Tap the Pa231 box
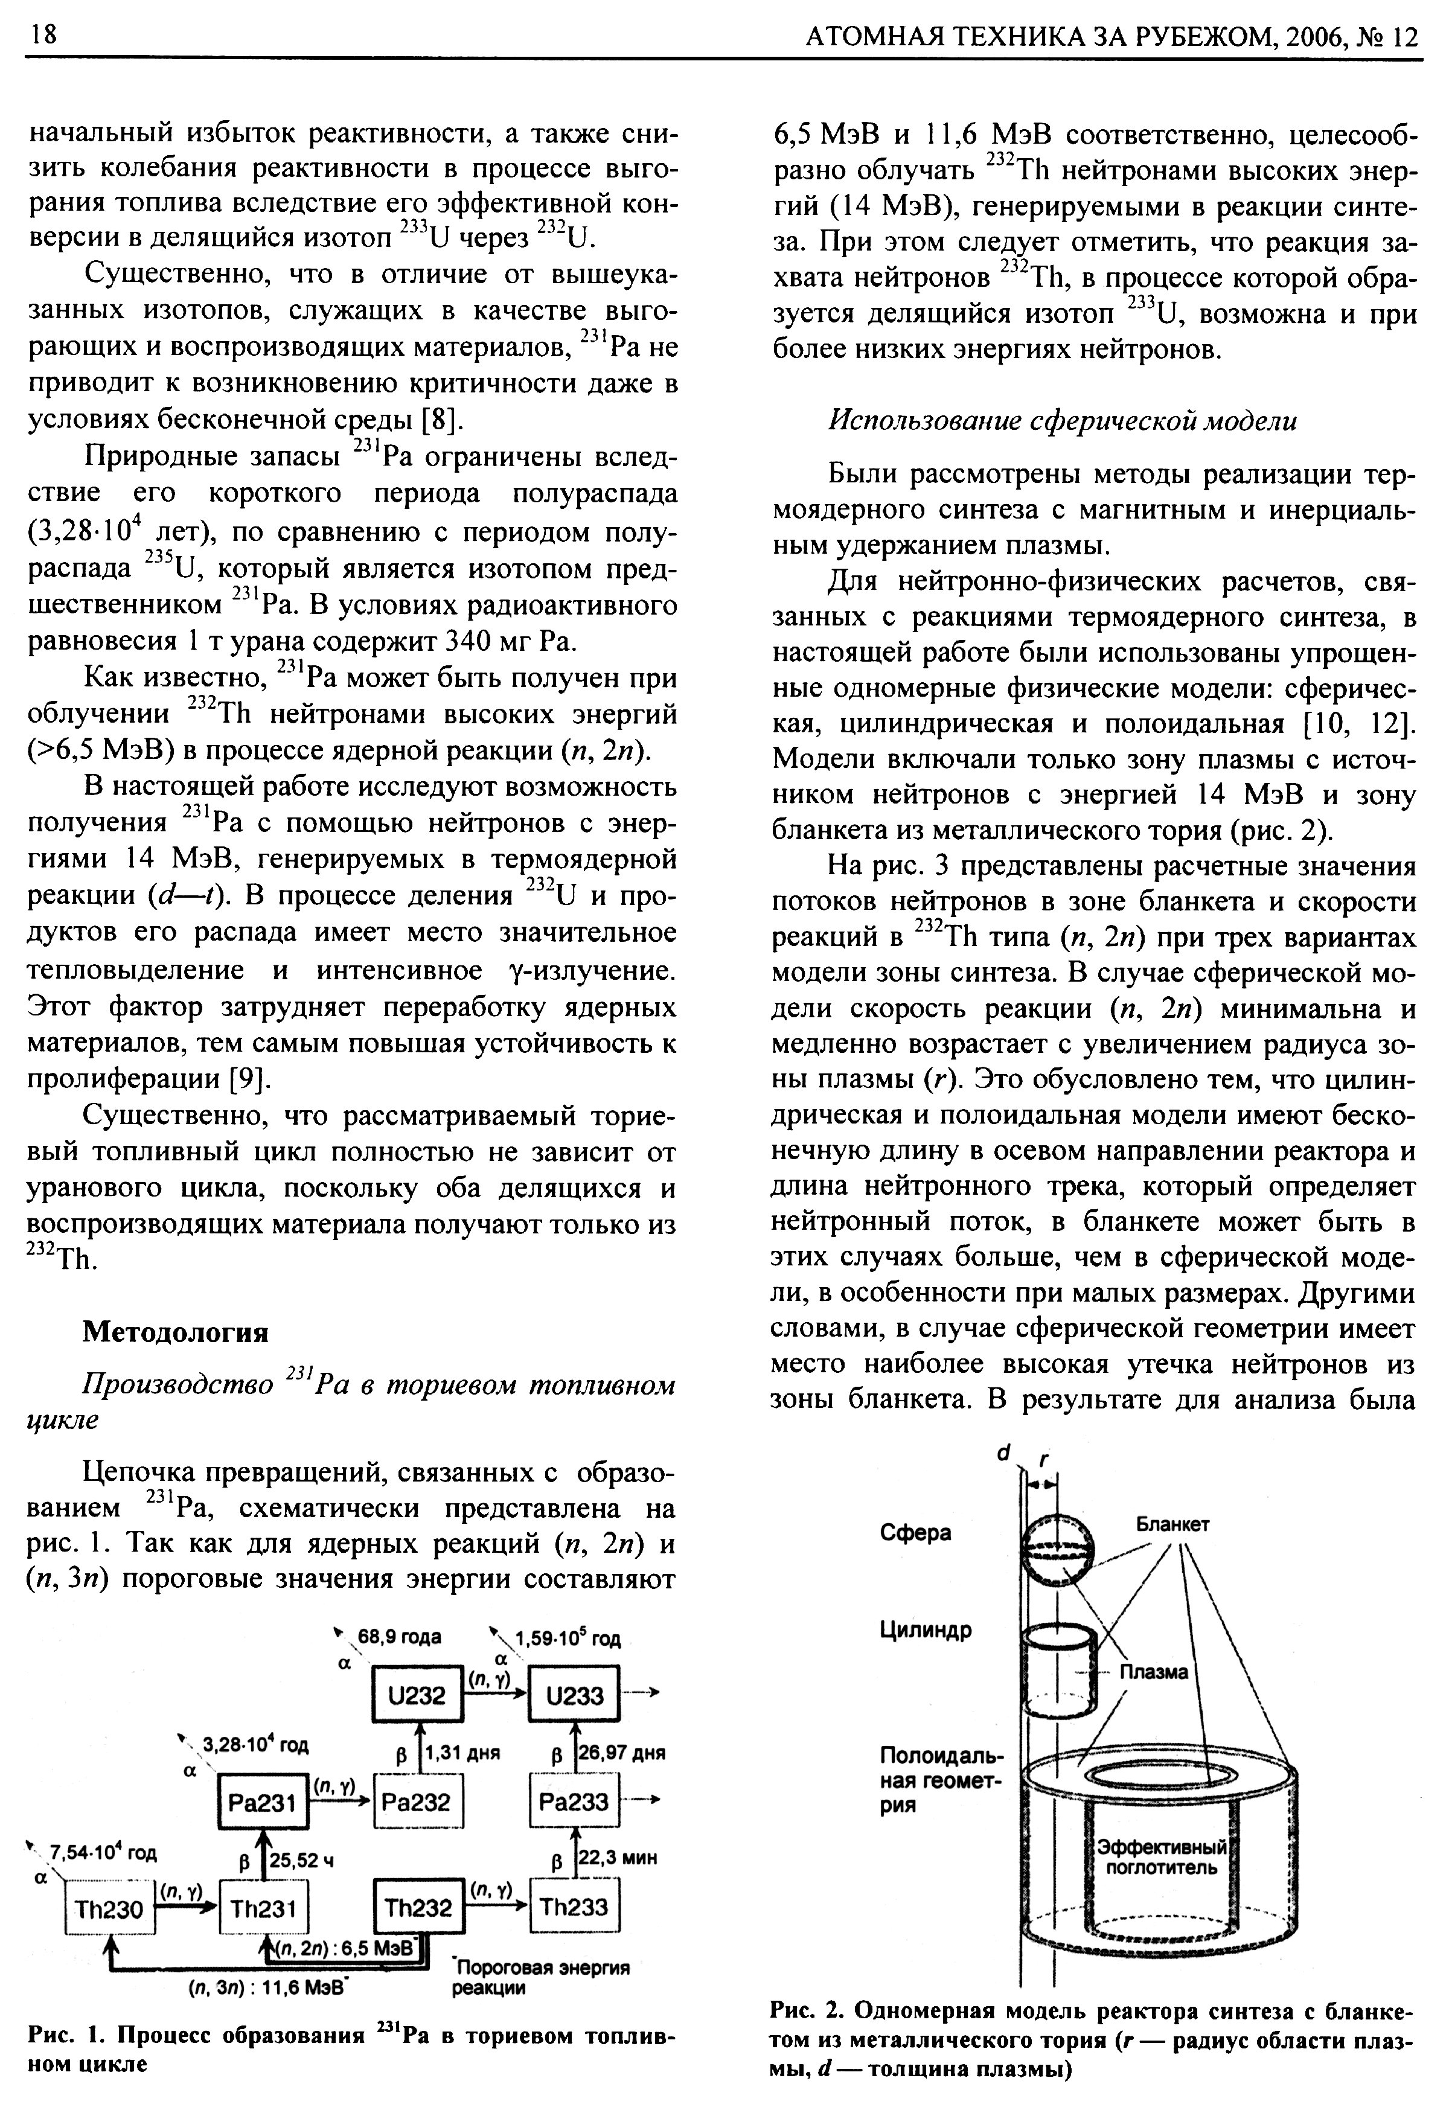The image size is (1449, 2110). click(x=263, y=1801)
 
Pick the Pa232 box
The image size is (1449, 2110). click(x=417, y=1801)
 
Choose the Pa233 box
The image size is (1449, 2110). click(x=575, y=1801)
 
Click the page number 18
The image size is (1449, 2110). click(x=43, y=34)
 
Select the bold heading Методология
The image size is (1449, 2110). click(x=175, y=1332)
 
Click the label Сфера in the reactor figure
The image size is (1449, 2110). click(x=915, y=1533)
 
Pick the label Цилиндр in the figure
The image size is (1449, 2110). click(x=925, y=1629)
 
